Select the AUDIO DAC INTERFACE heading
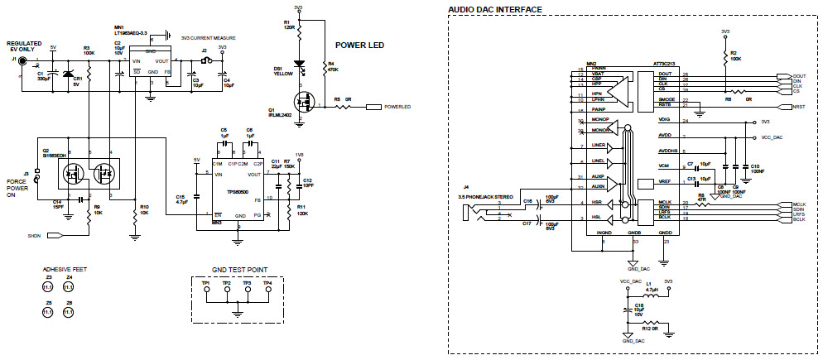tap(495, 10)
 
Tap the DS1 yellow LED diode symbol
tap(300, 65)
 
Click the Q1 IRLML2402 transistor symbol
tap(305, 102)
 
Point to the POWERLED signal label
tap(397, 107)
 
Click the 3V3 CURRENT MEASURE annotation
tap(204, 38)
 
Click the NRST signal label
tap(798, 107)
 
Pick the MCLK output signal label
tap(798, 204)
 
